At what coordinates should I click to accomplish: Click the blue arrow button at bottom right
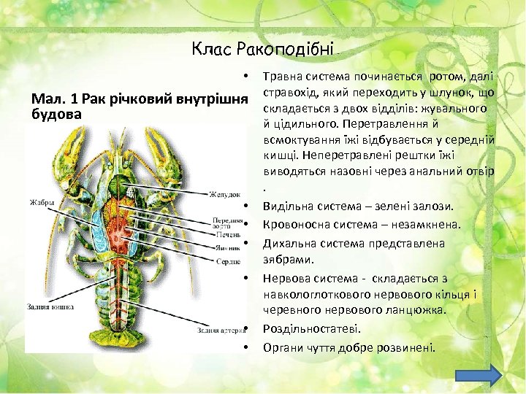[479, 374]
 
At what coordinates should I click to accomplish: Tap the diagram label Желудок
[224, 195]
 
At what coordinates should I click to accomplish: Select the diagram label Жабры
[41, 202]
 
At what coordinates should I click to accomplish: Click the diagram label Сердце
[228, 260]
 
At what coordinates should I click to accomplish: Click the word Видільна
[287, 206]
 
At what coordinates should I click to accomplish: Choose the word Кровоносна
[296, 224]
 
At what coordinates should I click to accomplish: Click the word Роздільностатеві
[312, 329]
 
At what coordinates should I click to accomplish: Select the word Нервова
[287, 278]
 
